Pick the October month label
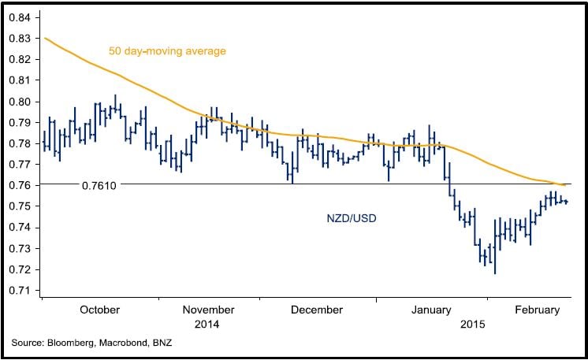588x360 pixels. [100, 310]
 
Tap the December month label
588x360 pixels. [316, 310]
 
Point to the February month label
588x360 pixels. [535, 310]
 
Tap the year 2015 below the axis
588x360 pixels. [473, 324]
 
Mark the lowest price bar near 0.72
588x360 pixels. [495, 260]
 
